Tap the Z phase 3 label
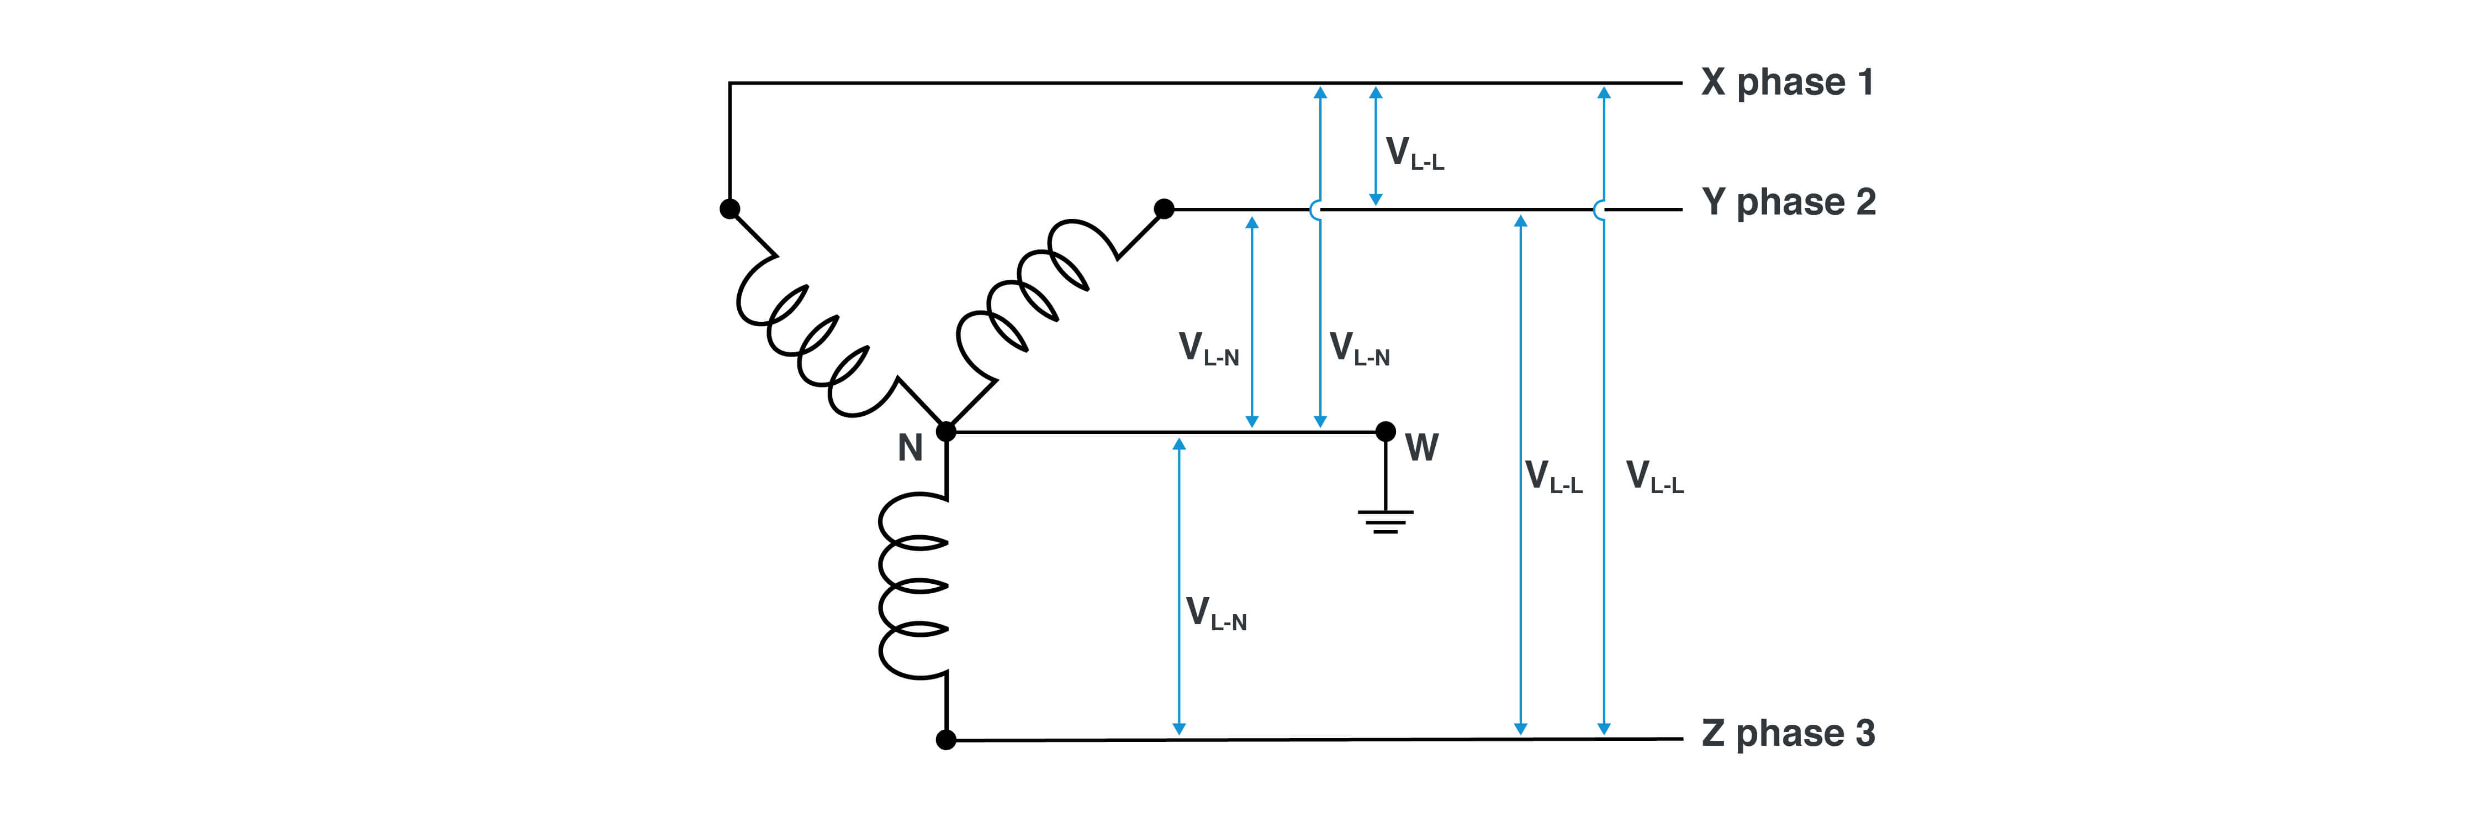point(1788,734)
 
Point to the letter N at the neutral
point(910,448)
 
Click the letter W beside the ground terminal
point(1421,448)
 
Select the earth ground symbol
point(1386,521)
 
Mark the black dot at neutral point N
point(947,432)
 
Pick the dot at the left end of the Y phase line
point(1165,208)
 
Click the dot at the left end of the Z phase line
point(947,740)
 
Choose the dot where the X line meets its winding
point(730,208)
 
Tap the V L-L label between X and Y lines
point(1413,154)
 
